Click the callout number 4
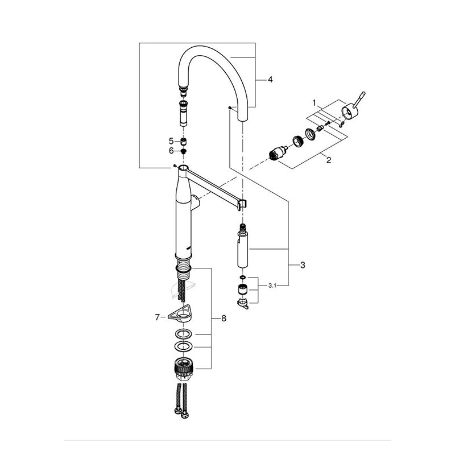[270, 80]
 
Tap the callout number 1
[314, 102]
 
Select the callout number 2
[329, 160]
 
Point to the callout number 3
[303, 265]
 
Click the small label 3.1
[272, 286]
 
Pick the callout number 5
[171, 141]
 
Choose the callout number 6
[171, 151]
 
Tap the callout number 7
[158, 318]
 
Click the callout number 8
[224, 318]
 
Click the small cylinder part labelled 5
[183, 142]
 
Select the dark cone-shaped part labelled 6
[183, 151]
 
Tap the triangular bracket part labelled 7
[180, 315]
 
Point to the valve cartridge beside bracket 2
[276, 153]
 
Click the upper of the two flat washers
[183, 334]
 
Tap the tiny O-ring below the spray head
[242, 278]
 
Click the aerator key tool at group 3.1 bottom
[243, 304]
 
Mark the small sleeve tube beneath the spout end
[184, 114]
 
